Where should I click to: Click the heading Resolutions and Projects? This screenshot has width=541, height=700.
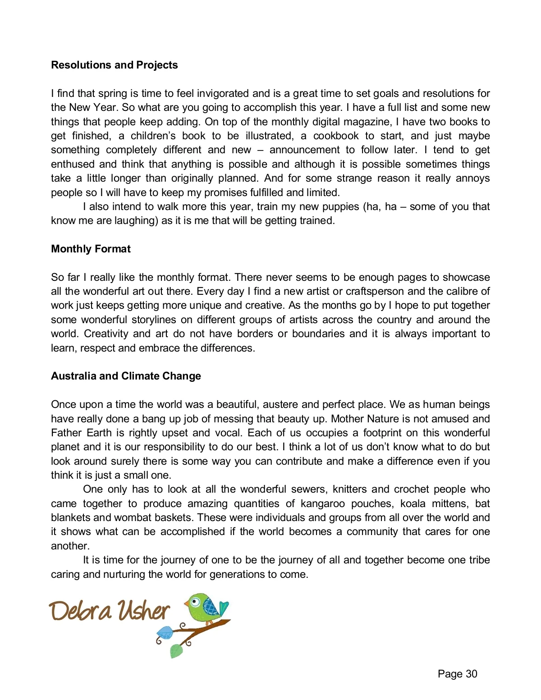tap(114, 65)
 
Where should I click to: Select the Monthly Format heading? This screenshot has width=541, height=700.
tap(91, 249)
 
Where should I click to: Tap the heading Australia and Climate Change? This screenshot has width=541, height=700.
tap(126, 376)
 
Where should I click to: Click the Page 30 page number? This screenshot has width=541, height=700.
tap(457, 674)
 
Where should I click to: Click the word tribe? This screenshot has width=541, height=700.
tap(479, 560)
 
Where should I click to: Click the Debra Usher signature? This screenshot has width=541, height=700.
tap(110, 611)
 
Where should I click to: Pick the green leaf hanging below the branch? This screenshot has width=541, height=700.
tap(176, 650)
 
